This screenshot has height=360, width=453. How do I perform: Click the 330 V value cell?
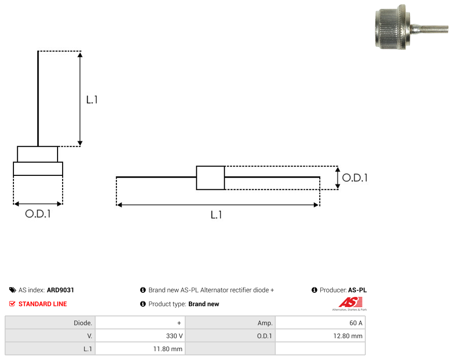pos(140,336)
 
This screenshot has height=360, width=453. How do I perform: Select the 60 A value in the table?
pos(320,323)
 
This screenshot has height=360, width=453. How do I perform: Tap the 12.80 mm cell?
pos(320,336)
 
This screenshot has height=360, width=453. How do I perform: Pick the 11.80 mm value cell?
pos(140,349)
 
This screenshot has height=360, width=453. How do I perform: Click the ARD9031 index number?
pos(60,290)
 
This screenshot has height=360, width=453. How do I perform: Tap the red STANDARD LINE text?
pos(43,304)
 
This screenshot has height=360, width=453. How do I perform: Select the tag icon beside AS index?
pos(13,290)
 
